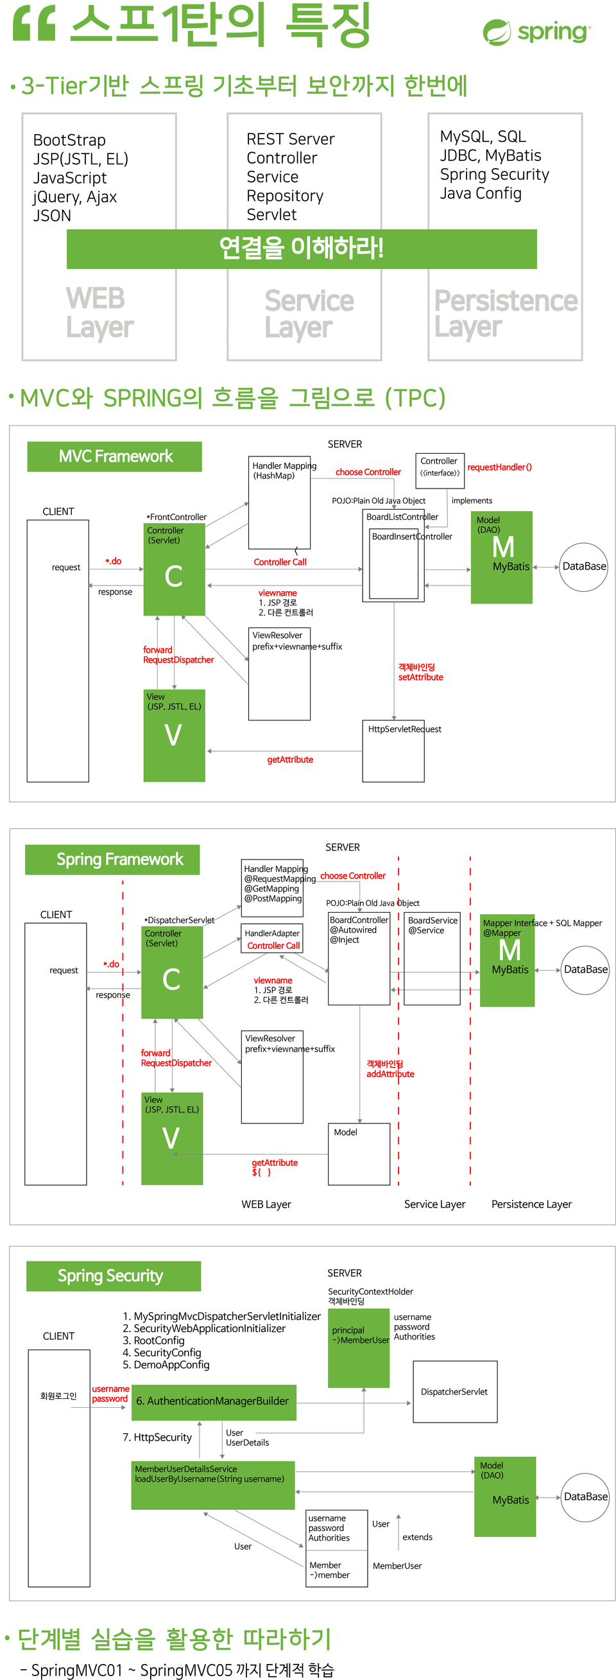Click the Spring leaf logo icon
coord(497,33)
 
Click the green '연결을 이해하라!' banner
coord(301,248)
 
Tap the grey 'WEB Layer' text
coord(99,313)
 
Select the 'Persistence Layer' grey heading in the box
coord(505,313)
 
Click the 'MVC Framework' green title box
coord(115,456)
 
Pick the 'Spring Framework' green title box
coord(112,859)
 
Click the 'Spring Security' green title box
coord(114,1275)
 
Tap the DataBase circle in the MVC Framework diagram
coord(583,566)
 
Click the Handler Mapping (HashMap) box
coord(279,502)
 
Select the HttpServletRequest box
coord(393,750)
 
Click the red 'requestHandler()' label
coord(499,467)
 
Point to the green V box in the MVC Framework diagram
coord(174,735)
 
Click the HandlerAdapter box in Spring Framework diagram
coord(273,939)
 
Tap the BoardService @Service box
coord(432,957)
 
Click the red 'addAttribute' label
coord(389,1073)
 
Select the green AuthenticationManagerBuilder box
coord(214,1401)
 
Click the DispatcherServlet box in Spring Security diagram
coord(454,1391)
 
